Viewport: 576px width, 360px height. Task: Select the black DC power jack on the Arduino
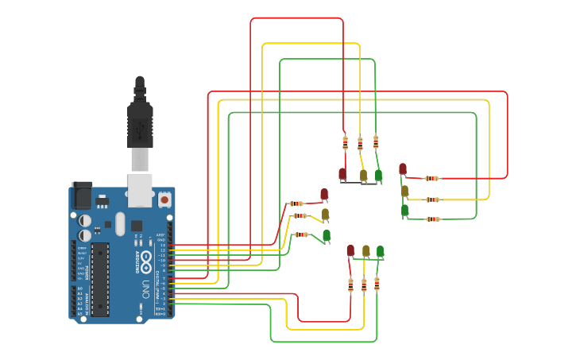tap(82, 195)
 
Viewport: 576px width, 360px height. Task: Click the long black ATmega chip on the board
tap(100, 279)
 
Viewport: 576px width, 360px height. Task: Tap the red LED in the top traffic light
tap(342, 172)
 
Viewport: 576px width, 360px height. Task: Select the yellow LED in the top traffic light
tap(363, 174)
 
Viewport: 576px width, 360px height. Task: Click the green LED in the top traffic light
tap(378, 174)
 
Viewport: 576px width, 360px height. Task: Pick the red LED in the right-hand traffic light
tap(403, 168)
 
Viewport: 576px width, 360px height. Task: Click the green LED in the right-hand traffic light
tap(404, 210)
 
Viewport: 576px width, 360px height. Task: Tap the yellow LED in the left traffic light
tap(325, 213)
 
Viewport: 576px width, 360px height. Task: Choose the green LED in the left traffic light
tap(327, 234)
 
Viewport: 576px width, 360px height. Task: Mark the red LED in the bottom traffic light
tap(350, 250)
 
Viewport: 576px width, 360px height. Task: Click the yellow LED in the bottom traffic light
tap(365, 250)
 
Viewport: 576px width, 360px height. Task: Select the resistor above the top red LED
tap(345, 143)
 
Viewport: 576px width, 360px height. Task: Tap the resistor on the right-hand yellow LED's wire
tap(432, 199)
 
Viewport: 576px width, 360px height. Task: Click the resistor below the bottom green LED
tap(377, 284)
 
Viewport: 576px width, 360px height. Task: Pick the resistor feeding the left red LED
tap(296, 203)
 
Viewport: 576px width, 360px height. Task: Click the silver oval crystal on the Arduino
tap(120, 223)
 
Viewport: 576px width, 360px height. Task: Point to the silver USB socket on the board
tap(140, 186)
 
